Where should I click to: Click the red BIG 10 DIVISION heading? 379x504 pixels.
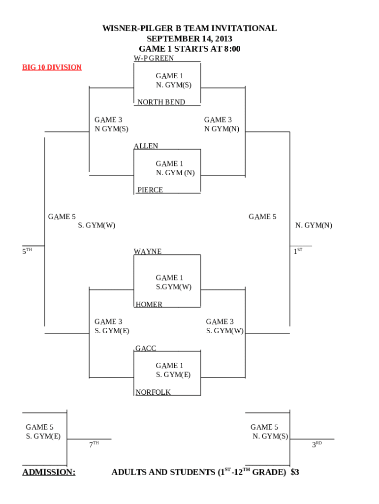click(x=52, y=67)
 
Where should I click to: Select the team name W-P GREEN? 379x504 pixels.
click(x=154, y=58)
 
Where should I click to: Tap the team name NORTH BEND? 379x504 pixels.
click(x=161, y=102)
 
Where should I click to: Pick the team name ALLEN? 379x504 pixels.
click(x=146, y=146)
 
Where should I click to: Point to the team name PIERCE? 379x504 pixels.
click(x=150, y=190)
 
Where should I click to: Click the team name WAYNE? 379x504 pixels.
click(x=148, y=252)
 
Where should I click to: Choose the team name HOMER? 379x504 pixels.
click(x=149, y=305)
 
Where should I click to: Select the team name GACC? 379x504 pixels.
click(x=146, y=348)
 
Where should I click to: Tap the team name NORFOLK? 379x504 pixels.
click(x=153, y=392)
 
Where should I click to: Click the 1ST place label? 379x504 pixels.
click(x=298, y=251)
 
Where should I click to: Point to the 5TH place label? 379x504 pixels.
click(x=27, y=252)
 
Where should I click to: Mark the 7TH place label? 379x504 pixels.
click(x=94, y=444)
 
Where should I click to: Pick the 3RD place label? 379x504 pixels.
click(x=316, y=444)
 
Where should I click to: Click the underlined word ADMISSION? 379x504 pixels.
click(x=49, y=472)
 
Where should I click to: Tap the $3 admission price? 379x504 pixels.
click(x=295, y=472)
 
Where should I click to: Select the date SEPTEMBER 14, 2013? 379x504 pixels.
click(x=189, y=39)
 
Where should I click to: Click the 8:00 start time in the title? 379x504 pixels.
click(x=230, y=49)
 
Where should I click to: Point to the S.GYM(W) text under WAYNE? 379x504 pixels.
click(x=174, y=287)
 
